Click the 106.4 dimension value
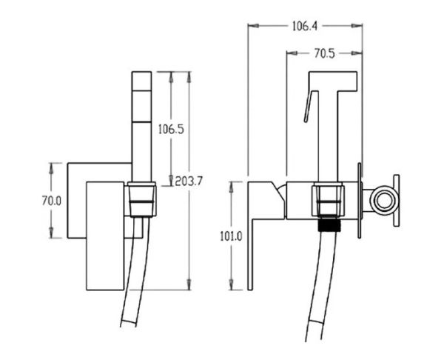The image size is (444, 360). (305, 27)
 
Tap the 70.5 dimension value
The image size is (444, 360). (325, 53)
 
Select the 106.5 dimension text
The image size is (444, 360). (171, 130)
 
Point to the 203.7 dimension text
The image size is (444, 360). (189, 181)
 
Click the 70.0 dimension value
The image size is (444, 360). (52, 201)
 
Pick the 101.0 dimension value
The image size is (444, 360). (231, 236)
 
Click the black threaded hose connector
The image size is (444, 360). (329, 225)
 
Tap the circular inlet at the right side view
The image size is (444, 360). (385, 200)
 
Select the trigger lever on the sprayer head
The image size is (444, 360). (311, 107)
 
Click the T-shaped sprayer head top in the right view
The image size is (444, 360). (333, 81)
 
